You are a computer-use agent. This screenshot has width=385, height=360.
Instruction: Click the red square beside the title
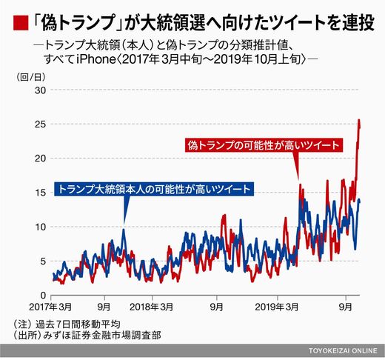(21, 23)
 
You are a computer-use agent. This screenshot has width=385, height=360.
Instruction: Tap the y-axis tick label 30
(40, 90)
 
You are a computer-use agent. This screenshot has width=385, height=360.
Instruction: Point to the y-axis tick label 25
(40, 124)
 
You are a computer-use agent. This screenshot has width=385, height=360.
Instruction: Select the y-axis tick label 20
(40, 159)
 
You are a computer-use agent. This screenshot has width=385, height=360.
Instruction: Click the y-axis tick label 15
(40, 193)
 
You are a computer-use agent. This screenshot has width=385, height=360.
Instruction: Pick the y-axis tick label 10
(40, 227)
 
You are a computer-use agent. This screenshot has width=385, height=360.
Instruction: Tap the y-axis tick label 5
(43, 261)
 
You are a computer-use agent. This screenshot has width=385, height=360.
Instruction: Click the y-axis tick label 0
(43, 295)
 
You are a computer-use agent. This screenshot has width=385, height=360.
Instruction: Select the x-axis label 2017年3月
(50, 307)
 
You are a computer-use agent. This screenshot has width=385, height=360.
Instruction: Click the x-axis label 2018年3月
(151, 307)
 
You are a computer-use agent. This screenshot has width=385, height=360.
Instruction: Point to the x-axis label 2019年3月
(277, 307)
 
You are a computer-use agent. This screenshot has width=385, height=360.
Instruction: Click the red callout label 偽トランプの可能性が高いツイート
(264, 145)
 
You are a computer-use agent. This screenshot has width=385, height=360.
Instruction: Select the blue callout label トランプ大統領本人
(103, 189)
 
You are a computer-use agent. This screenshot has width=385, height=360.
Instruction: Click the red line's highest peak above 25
(359, 120)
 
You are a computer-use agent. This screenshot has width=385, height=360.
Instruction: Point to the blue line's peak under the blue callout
(124, 230)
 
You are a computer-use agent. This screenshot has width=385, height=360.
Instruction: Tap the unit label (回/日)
(31, 77)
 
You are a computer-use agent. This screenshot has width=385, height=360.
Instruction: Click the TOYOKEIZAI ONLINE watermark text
(343, 350)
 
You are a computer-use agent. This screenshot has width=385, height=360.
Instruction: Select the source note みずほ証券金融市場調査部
(102, 336)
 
